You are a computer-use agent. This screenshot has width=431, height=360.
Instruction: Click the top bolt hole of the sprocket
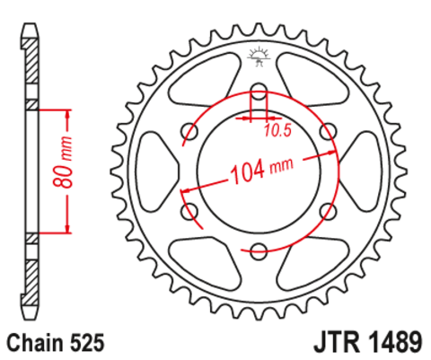point(259,92)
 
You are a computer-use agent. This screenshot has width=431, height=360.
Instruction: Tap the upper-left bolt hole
point(189,132)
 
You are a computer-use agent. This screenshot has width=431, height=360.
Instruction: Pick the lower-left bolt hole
point(189,212)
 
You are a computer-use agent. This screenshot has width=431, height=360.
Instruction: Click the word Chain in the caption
point(37,342)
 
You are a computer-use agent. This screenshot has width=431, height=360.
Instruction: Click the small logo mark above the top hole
point(259,56)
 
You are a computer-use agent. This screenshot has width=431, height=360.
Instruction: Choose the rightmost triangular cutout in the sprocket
point(363,171)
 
